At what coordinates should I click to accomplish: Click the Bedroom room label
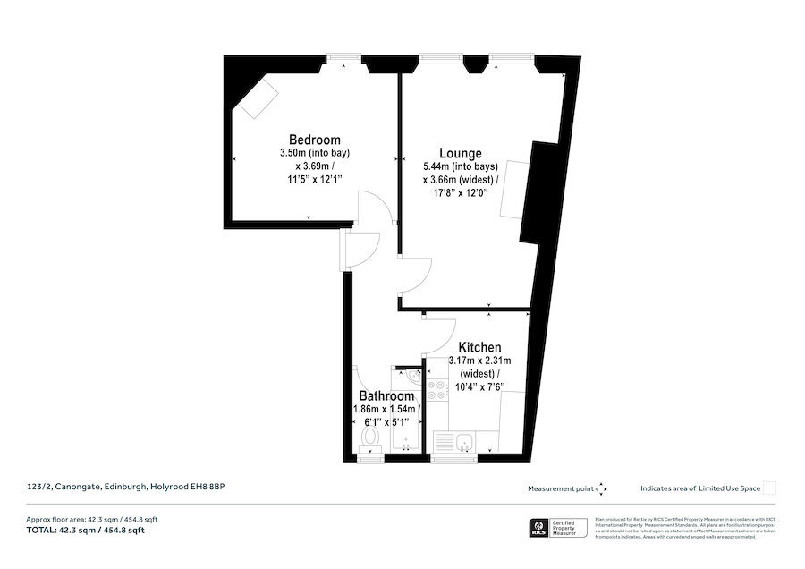pyautogui.click(x=314, y=140)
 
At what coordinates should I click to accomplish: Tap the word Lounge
pyautogui.click(x=460, y=153)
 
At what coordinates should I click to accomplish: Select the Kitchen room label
pyautogui.click(x=479, y=347)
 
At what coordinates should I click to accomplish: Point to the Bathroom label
pyautogui.click(x=386, y=395)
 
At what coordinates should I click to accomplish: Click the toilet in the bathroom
pyautogui.click(x=369, y=437)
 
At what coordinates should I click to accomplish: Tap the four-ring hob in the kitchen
pyautogui.click(x=438, y=390)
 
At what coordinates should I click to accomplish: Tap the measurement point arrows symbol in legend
pyautogui.click(x=601, y=488)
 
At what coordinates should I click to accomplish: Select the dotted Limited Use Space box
pyautogui.click(x=769, y=488)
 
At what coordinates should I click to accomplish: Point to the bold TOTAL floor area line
pyautogui.click(x=86, y=531)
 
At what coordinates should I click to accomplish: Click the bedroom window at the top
pyautogui.click(x=338, y=59)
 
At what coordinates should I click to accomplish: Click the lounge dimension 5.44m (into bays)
pyautogui.click(x=460, y=166)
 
